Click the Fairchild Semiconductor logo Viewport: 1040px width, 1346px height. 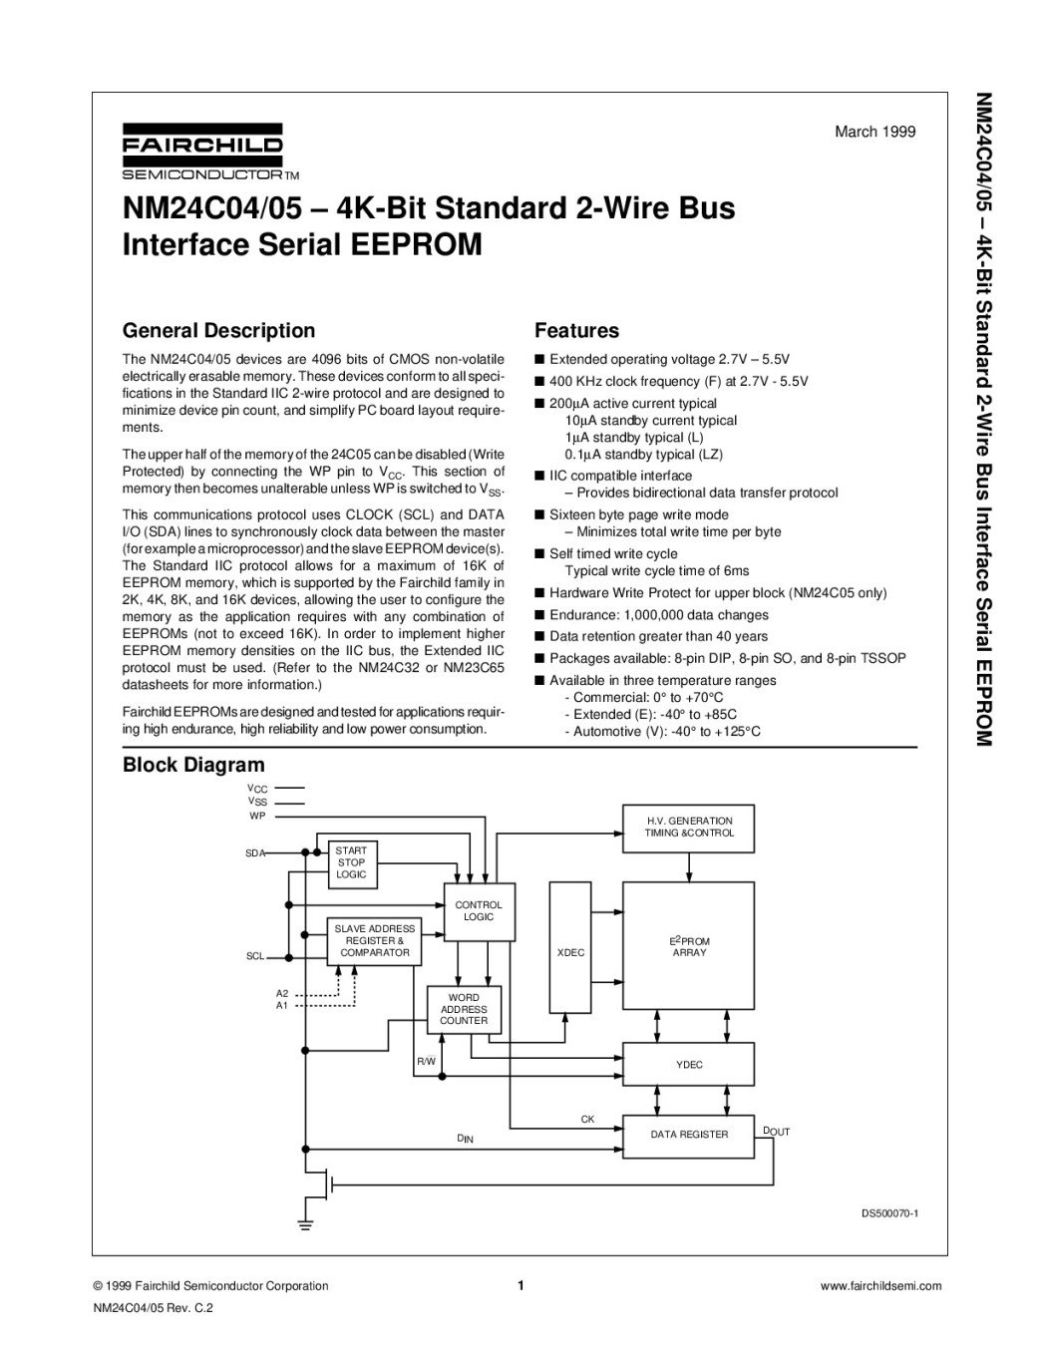click(202, 151)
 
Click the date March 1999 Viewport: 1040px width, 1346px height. click(874, 132)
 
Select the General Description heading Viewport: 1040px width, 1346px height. click(218, 331)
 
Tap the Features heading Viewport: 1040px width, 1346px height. click(576, 331)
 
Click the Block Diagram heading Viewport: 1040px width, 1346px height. click(193, 765)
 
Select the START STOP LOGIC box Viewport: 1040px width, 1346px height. click(351, 863)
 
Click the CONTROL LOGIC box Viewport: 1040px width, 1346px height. click(479, 911)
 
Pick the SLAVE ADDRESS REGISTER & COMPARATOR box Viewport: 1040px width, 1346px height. click(375, 941)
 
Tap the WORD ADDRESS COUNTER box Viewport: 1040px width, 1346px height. click(464, 1009)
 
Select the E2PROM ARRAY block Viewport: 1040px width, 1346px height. click(689, 947)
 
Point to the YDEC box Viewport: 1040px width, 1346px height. click(689, 1065)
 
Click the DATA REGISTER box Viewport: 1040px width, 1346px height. click(689, 1135)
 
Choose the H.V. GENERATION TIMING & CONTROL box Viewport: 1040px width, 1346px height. click(689, 827)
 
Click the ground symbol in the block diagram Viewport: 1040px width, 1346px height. click(307, 1223)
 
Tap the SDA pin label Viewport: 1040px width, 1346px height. click(255, 853)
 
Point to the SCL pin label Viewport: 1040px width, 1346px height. click(255, 957)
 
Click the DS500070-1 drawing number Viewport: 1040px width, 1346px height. click(889, 1213)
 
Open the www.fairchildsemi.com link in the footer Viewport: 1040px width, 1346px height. click(880, 1286)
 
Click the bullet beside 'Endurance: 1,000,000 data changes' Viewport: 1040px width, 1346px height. click(539, 615)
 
